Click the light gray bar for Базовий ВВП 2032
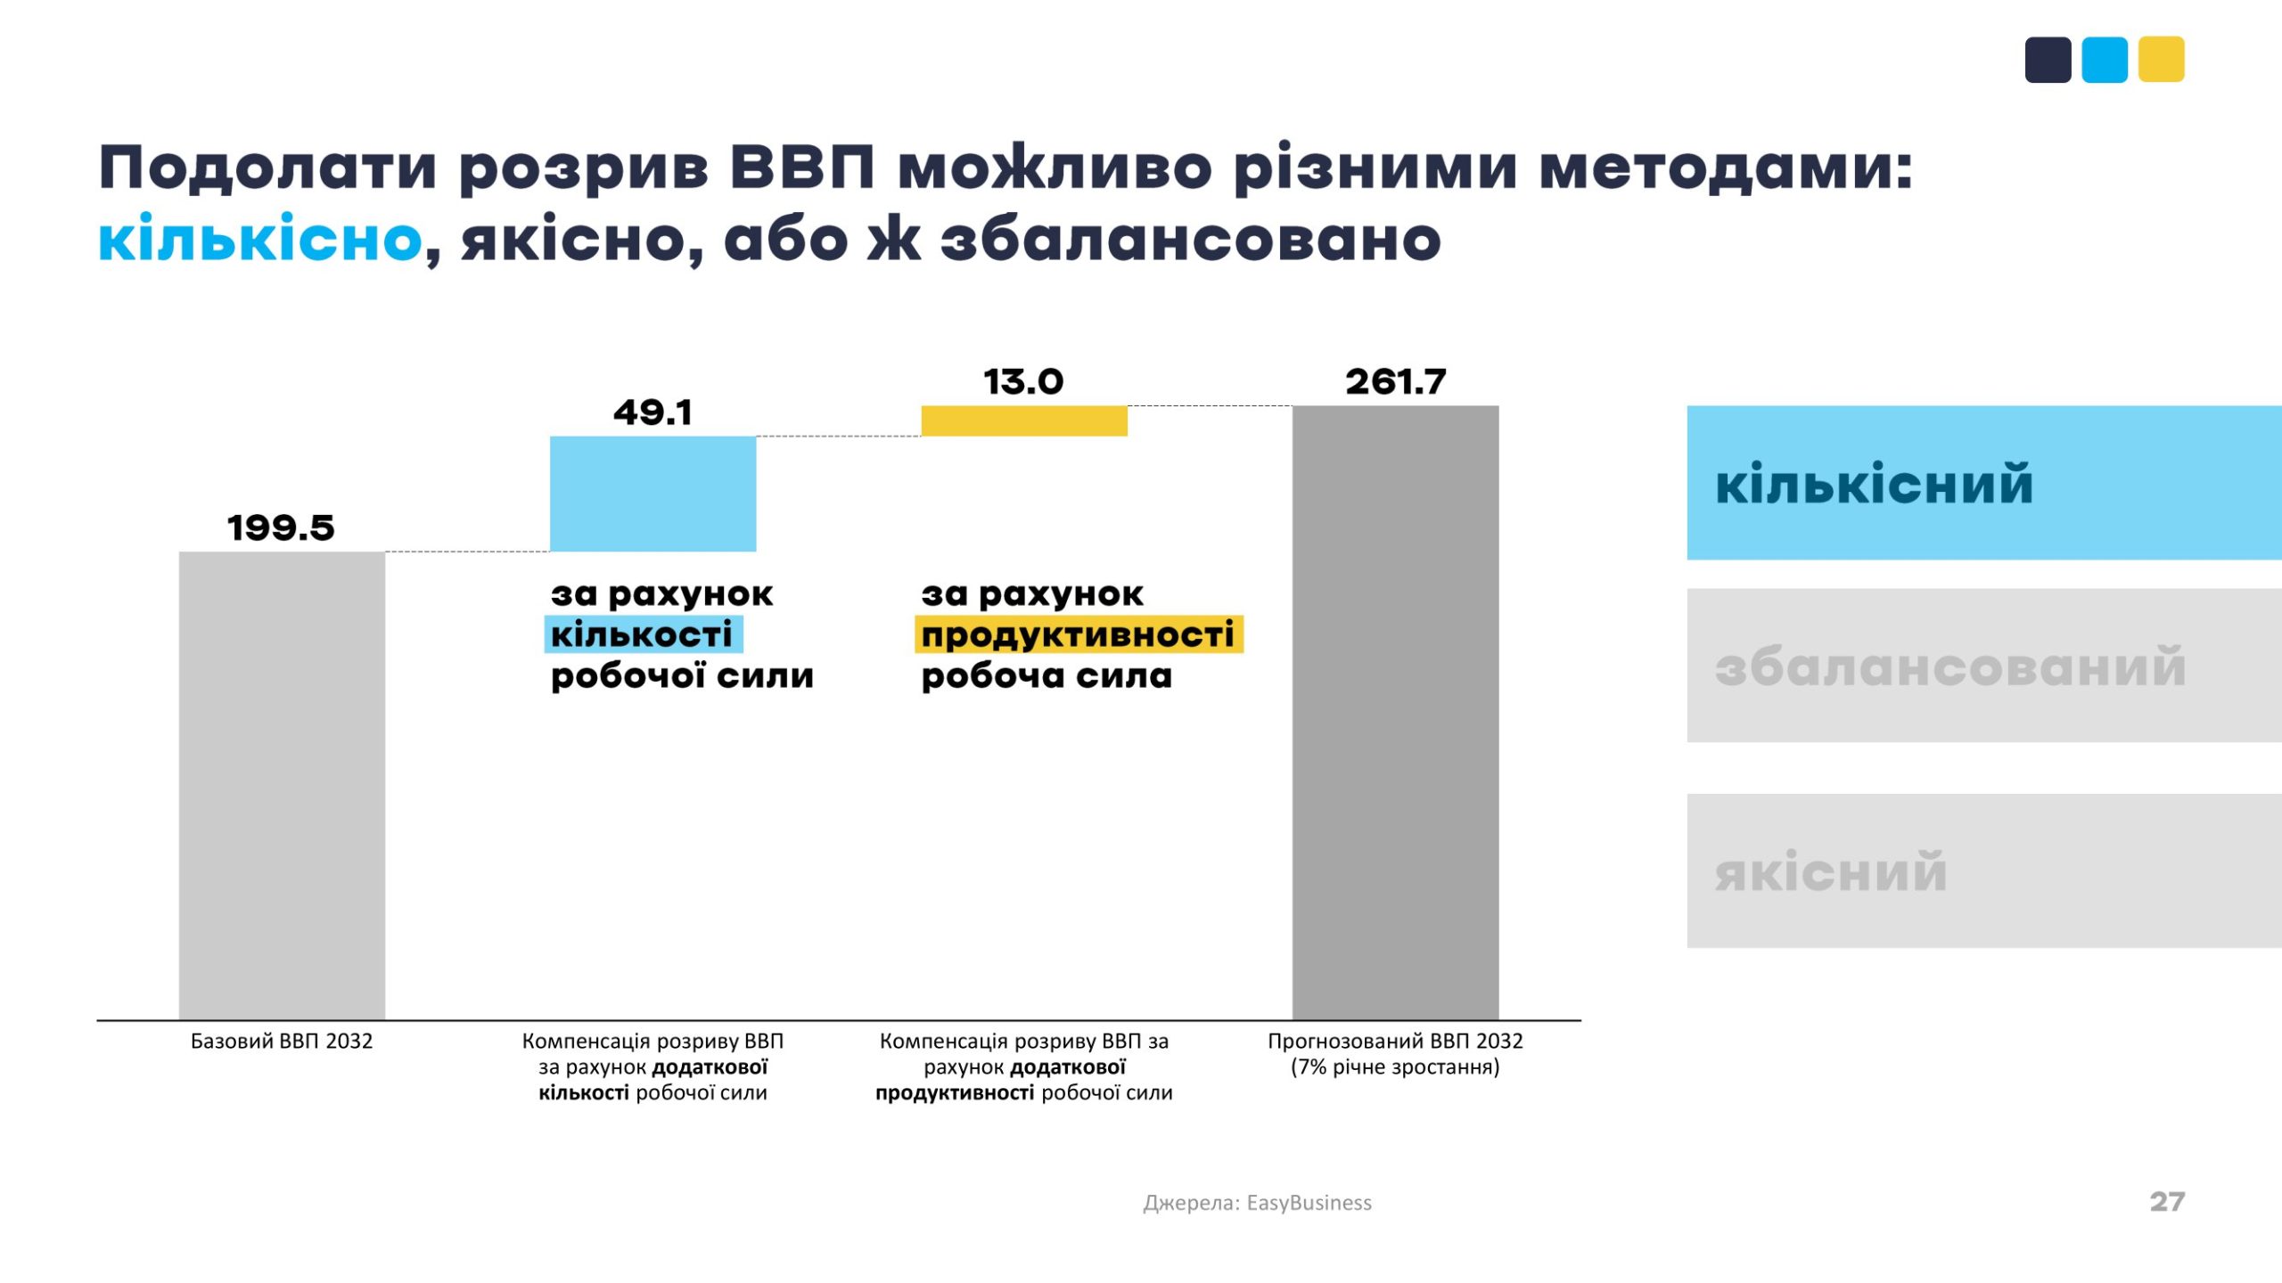(282, 784)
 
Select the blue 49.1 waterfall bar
(653, 494)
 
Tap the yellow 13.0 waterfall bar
(1023, 421)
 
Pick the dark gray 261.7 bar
(1395, 713)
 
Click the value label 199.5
(281, 527)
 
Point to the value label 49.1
(653, 413)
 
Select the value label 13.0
(1023, 382)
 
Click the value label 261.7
(1395, 382)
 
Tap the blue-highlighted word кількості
(643, 635)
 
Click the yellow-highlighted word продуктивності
(1078, 635)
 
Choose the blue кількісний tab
(1983, 483)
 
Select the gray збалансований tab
(1983, 666)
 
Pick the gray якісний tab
(1983, 870)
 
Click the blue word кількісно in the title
(259, 239)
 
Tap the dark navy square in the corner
(2048, 60)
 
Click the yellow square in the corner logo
(2161, 60)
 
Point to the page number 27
(2167, 1202)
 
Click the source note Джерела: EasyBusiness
(1257, 1203)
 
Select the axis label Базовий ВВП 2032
(282, 1042)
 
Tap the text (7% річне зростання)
(1395, 1067)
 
